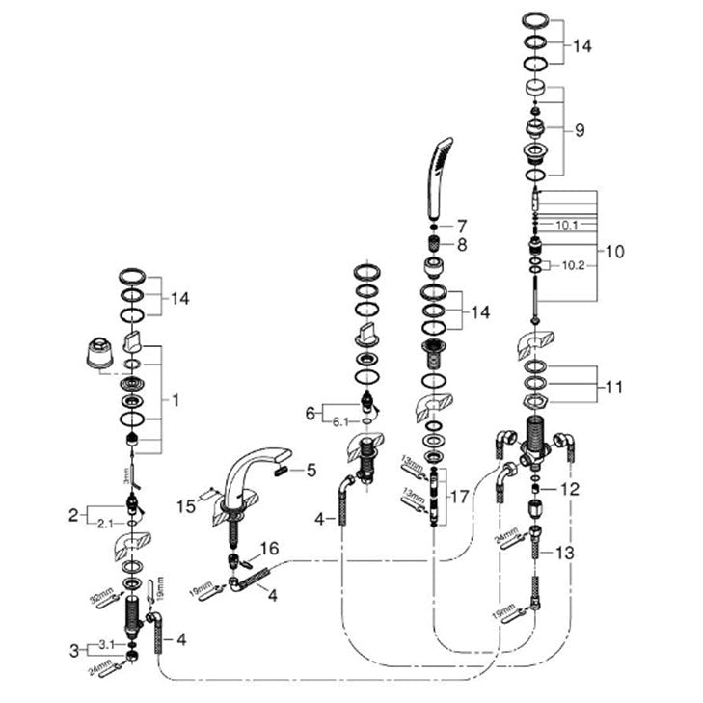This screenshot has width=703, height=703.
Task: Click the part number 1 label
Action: pyautogui.click(x=175, y=396)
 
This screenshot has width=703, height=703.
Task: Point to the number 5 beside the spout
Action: pyautogui.click(x=311, y=472)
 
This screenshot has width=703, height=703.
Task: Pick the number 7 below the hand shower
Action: pyautogui.click(x=462, y=224)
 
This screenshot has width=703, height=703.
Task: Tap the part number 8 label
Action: pyautogui.click(x=462, y=245)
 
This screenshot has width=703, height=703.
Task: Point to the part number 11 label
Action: pyautogui.click(x=614, y=388)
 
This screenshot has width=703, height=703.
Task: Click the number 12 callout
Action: pyautogui.click(x=572, y=489)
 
